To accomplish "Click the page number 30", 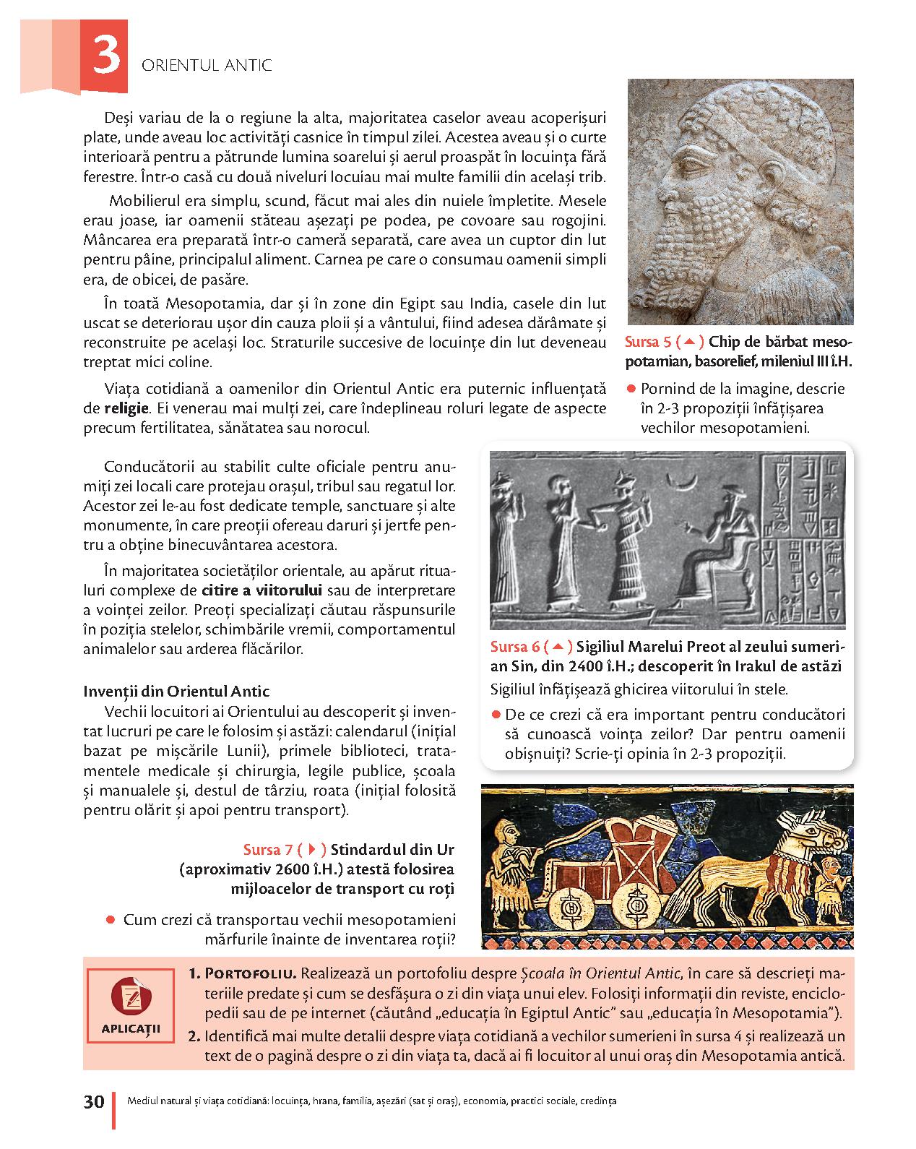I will [x=94, y=1102].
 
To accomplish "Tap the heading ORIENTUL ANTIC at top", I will [x=207, y=66].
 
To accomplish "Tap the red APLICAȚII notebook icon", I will [x=131, y=997].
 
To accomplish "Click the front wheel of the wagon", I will [x=630, y=904].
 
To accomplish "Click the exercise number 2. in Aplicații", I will [x=194, y=1036].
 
